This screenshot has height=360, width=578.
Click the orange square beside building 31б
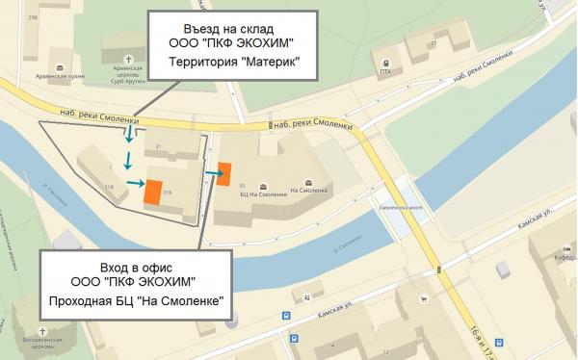(x=151, y=191)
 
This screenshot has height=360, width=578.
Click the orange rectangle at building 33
(x=223, y=173)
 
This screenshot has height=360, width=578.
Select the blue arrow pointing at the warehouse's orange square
(x=134, y=183)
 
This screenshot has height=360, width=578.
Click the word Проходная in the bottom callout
(x=84, y=301)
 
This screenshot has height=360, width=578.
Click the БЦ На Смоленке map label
(x=264, y=193)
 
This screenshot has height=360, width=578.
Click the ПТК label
(x=385, y=70)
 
